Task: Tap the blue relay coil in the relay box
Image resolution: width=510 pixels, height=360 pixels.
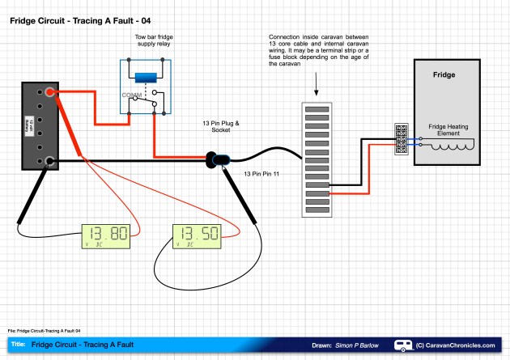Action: coord(147,78)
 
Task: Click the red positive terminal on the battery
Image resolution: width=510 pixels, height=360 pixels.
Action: coord(51,93)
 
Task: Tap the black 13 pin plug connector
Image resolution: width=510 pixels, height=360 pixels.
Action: coord(218,159)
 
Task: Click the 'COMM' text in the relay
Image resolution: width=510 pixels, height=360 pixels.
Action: coord(131,95)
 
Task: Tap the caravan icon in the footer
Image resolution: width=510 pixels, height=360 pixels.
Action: coord(402,345)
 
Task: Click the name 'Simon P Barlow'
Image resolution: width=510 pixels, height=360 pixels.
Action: coord(356,345)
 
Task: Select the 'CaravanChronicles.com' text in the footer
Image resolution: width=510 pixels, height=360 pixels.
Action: coord(461,345)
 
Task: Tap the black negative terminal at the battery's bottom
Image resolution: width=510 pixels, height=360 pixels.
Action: coord(50,161)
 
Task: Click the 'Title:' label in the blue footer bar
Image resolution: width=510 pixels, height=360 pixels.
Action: coord(19,345)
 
